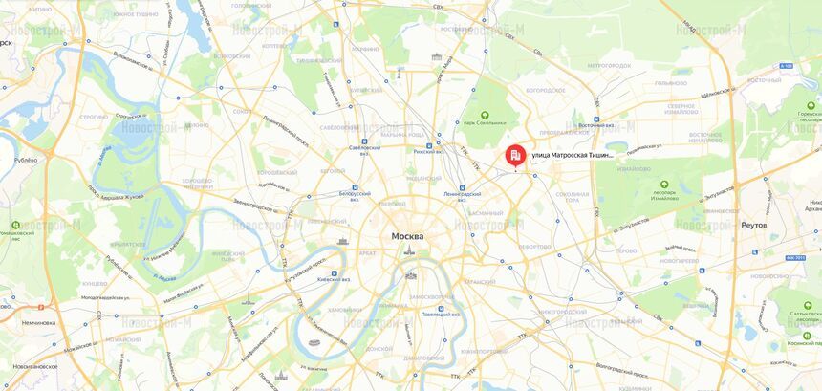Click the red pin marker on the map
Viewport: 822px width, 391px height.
[514, 156]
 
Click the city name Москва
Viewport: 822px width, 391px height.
[407, 236]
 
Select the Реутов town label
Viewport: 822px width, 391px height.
[754, 225]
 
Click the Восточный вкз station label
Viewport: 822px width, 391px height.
[595, 125]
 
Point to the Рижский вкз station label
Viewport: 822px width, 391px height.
[430, 151]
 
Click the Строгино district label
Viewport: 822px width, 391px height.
[94, 118]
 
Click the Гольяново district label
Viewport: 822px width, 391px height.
[669, 83]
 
